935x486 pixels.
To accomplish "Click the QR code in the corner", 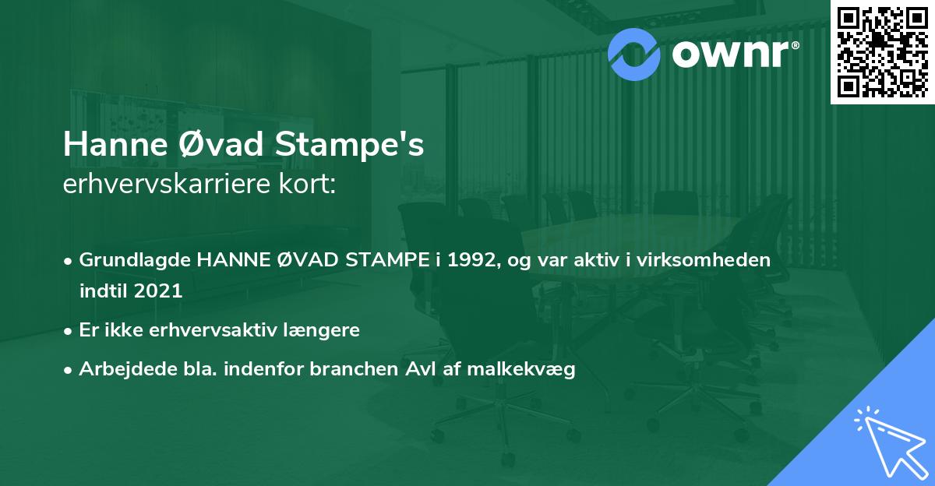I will [x=882, y=51].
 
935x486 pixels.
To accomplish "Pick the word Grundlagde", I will [x=135, y=260].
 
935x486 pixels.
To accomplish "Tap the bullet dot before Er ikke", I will [x=69, y=330].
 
